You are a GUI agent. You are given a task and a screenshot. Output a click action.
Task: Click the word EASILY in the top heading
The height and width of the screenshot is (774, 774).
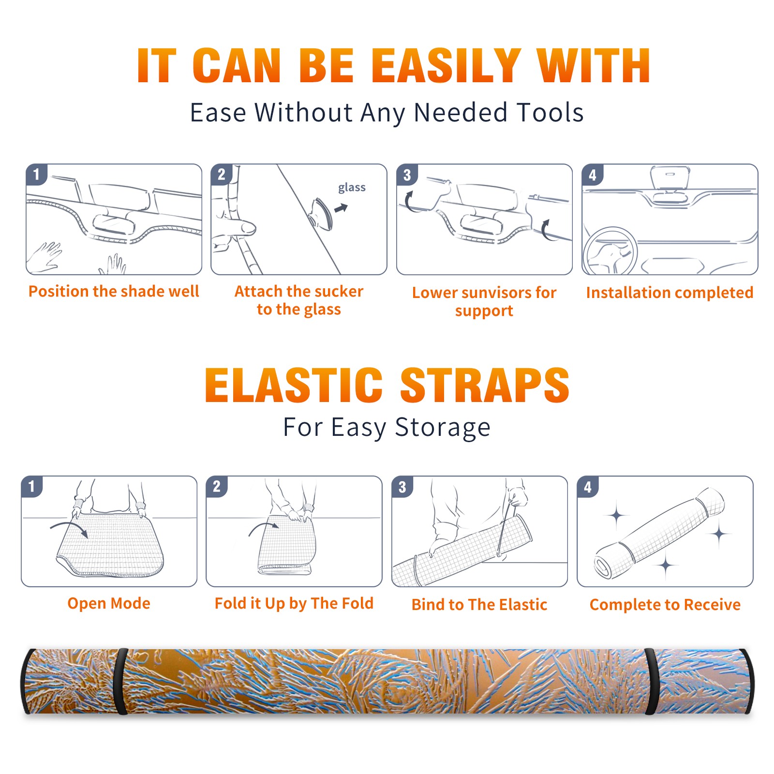(446, 66)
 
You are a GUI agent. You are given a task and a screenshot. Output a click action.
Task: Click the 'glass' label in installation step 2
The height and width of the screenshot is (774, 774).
(352, 187)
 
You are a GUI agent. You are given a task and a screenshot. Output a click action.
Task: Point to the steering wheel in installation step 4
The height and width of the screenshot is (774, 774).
(610, 251)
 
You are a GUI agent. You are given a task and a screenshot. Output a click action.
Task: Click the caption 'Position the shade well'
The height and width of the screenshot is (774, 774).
(114, 291)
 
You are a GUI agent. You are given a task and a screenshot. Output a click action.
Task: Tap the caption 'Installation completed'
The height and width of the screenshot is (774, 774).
(670, 292)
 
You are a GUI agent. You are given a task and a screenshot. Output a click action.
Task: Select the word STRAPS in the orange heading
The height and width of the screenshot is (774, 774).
(485, 385)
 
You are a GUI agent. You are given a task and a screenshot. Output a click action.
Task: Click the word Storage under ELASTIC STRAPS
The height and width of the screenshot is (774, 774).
(443, 428)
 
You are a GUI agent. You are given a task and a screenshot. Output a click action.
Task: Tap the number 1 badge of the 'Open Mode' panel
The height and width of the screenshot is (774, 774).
(32, 486)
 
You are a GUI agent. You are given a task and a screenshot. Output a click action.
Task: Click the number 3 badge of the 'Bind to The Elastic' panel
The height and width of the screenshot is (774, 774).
(402, 487)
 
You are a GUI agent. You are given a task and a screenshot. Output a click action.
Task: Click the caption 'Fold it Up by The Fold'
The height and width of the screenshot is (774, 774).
(294, 603)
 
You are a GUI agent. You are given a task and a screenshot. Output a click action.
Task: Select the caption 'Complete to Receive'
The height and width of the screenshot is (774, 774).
(665, 604)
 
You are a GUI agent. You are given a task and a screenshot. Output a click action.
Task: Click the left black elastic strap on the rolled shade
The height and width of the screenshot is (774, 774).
(120, 682)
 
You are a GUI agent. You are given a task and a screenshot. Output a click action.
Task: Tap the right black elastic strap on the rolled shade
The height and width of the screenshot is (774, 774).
(652, 682)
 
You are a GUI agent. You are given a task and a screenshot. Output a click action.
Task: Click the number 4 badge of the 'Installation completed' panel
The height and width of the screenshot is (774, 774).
(593, 175)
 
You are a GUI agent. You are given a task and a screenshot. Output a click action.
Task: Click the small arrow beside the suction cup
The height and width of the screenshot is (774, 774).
(341, 208)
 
